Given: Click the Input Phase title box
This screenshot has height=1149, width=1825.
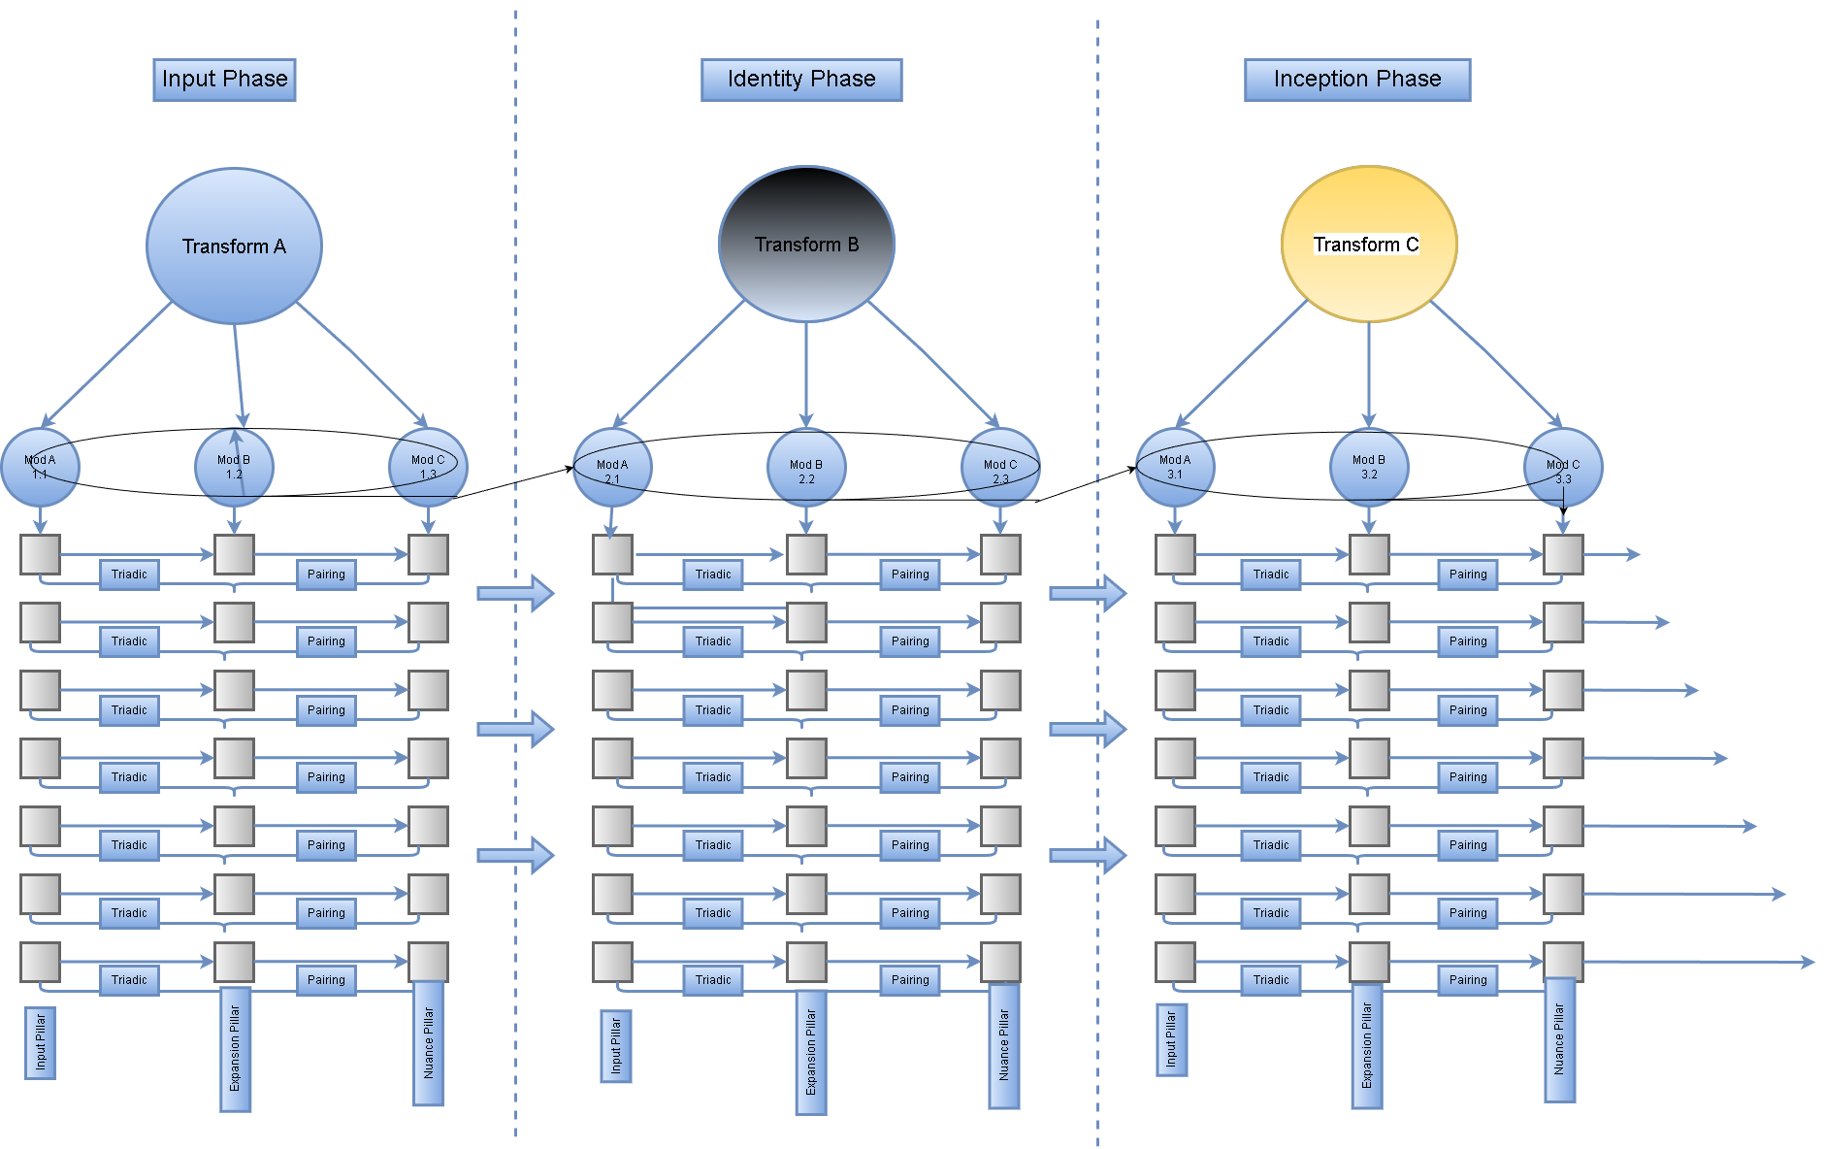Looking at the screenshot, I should [224, 80].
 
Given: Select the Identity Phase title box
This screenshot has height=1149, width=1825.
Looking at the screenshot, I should [801, 80].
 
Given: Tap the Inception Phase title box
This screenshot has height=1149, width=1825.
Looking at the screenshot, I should [1356, 80].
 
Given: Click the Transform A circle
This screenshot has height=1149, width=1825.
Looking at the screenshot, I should [234, 246].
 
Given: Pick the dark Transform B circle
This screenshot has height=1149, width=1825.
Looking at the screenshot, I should [806, 244].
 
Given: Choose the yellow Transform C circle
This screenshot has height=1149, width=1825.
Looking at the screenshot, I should [1369, 244].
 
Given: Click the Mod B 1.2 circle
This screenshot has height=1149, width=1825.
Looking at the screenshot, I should [234, 467].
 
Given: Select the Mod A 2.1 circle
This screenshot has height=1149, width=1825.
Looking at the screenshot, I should [612, 467].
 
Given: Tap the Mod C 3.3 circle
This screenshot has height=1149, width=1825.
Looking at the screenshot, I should [1563, 467].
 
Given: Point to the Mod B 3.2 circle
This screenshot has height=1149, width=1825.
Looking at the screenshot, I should [1369, 467].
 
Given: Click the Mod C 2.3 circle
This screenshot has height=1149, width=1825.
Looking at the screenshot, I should [1000, 467].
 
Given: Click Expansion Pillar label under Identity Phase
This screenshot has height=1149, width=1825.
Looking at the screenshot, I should [811, 1052].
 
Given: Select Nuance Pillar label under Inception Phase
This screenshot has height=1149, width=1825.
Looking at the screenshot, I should [1559, 1039].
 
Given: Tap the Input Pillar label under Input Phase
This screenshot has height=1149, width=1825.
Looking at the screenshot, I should [40, 1042].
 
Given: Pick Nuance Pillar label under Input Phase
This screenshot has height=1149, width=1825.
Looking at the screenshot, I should [428, 1043].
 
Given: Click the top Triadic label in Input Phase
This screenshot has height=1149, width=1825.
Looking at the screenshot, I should [129, 574].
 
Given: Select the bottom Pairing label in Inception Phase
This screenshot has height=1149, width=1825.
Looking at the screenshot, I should [1468, 980].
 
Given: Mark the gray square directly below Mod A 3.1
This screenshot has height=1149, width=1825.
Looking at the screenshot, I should [1175, 554].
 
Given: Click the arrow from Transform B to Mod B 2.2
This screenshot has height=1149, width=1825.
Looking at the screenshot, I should [806, 374].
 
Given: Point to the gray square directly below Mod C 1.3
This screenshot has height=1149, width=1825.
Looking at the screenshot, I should [428, 554].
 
